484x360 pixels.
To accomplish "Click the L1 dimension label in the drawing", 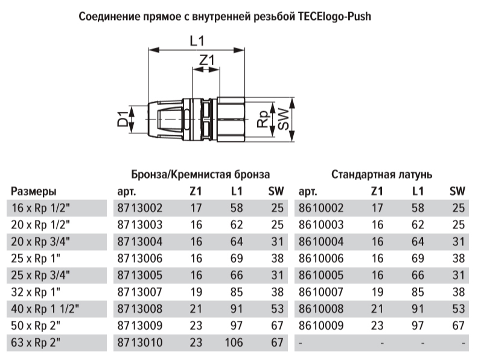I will click(197, 42).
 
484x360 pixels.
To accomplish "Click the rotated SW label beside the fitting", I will click(282, 118).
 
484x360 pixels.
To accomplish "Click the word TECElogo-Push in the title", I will click(334, 17).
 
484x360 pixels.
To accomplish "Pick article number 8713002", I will click(138, 208).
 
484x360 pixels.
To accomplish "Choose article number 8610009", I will click(321, 327).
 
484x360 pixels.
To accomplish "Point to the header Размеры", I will click(34, 192).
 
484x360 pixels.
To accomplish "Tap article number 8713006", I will click(138, 259).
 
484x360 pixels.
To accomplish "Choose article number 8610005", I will click(321, 276).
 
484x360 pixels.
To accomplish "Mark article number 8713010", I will click(138, 344).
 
